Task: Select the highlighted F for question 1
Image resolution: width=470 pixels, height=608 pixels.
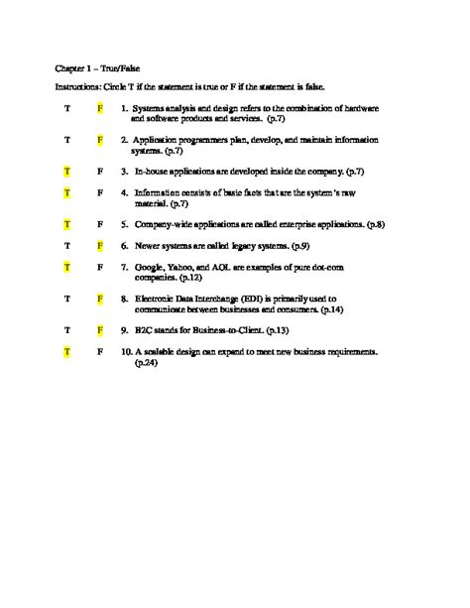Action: point(100,106)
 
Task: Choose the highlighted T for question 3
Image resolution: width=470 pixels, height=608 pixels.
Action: point(65,172)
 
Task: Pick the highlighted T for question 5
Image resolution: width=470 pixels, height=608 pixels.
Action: point(65,224)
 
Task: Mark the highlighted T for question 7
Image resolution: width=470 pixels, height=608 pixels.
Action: point(65,267)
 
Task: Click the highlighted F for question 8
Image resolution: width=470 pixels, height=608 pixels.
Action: point(100,298)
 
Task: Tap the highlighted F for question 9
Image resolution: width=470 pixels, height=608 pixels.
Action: point(100,328)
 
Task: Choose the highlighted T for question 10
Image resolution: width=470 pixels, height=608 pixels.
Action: point(65,351)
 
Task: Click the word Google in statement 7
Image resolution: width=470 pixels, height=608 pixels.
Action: point(150,267)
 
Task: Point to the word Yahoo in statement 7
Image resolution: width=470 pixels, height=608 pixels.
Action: point(184,267)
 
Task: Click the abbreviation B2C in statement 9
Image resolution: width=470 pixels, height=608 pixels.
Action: point(144,328)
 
